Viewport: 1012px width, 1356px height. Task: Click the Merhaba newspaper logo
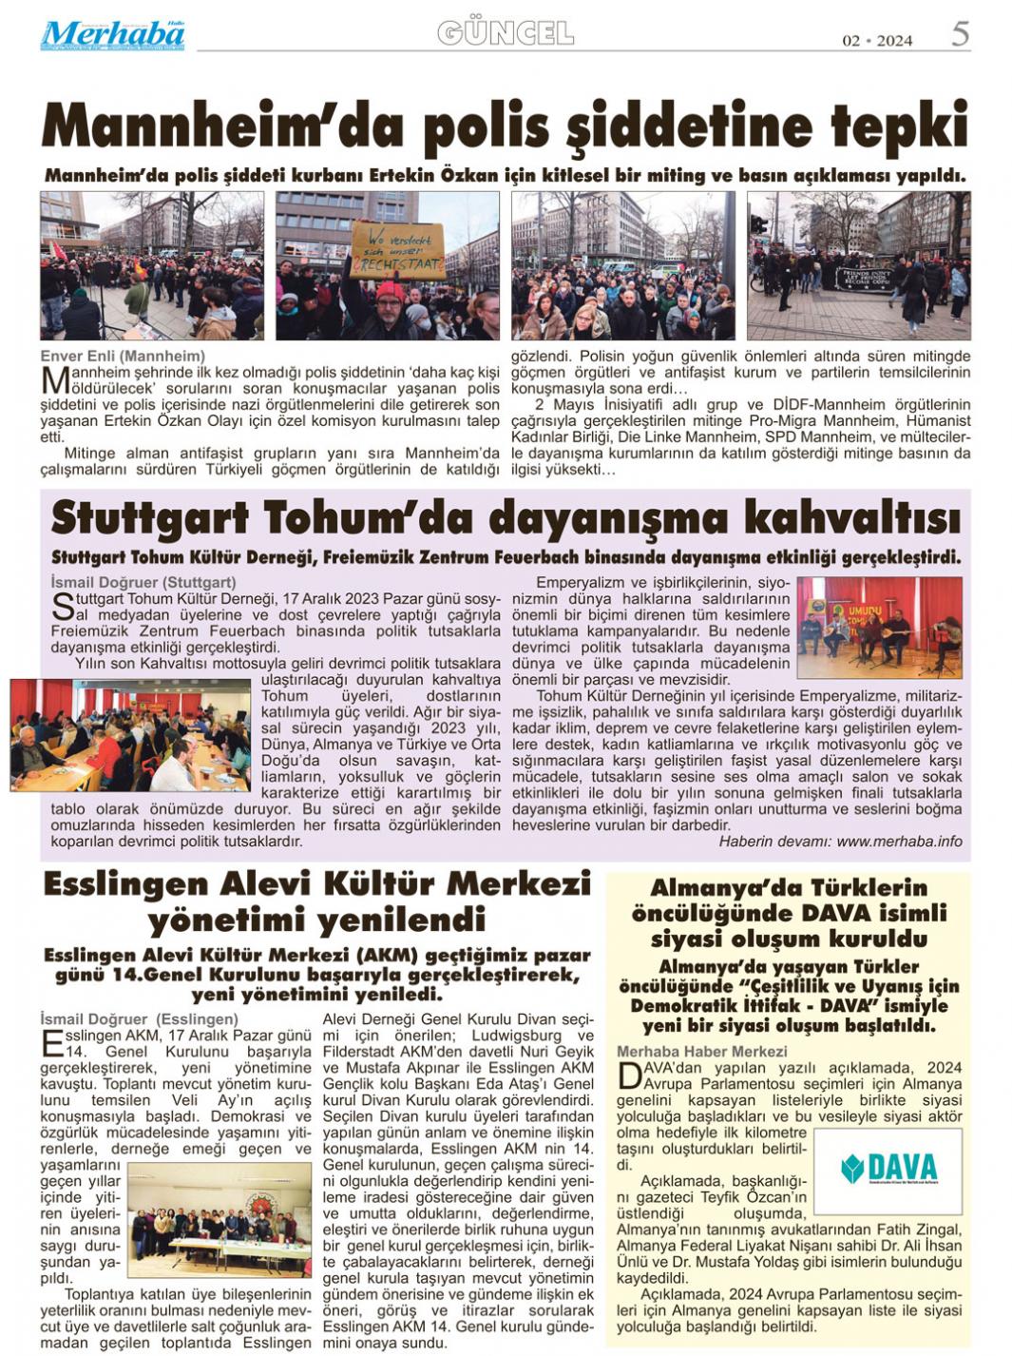pyautogui.click(x=112, y=35)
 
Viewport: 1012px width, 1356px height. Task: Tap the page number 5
pyautogui.click(x=960, y=34)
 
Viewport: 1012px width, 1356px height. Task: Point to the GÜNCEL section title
pyautogui.click(x=506, y=33)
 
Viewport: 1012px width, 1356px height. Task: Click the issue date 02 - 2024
pyautogui.click(x=877, y=40)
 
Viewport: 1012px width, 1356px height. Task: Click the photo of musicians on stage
pyautogui.click(x=879, y=627)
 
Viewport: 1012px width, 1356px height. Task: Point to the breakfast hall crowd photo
pyautogui.click(x=131, y=734)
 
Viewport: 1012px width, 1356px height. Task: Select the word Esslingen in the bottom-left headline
pyautogui.click(x=124, y=884)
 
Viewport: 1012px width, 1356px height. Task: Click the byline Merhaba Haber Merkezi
pyautogui.click(x=701, y=1051)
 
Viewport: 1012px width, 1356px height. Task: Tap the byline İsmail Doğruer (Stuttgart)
pyautogui.click(x=143, y=582)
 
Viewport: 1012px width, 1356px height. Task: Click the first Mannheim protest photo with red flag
pyautogui.click(x=151, y=265)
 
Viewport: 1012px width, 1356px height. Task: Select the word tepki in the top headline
pyautogui.click(x=898, y=127)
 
